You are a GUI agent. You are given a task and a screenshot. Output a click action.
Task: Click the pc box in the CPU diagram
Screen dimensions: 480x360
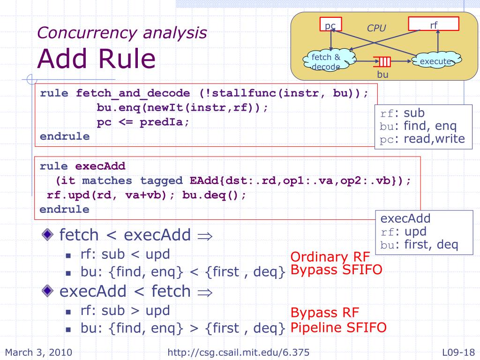330,25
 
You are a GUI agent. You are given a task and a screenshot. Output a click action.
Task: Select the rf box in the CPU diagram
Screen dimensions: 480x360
434,24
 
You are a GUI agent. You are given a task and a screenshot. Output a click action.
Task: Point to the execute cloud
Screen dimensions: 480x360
435,61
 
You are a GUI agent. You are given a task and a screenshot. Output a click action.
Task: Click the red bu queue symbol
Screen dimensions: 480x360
383,61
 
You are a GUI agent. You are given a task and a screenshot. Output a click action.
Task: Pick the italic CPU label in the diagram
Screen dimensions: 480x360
376,28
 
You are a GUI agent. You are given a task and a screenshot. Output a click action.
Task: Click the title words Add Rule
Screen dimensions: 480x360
96,59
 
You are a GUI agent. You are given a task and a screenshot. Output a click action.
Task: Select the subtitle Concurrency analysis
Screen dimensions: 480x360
122,32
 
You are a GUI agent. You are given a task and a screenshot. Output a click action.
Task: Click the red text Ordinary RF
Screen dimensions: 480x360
330,257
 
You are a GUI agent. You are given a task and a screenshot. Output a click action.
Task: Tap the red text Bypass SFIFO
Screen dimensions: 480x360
336,270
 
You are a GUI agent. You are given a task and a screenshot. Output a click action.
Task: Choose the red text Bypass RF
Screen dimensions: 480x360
325,313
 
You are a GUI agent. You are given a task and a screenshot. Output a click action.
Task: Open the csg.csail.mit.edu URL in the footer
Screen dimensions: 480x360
238,352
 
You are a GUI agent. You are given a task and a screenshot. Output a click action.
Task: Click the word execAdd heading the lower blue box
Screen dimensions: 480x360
405,218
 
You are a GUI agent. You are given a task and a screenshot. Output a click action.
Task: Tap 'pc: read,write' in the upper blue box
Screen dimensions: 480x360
422,139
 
